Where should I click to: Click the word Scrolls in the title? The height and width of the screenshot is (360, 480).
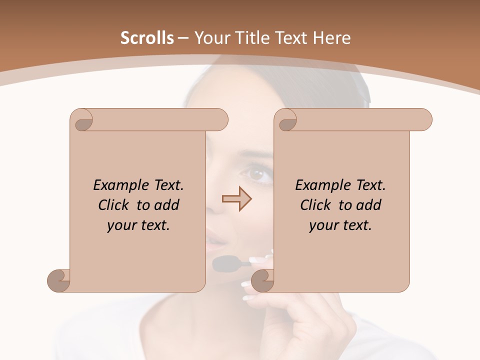[147, 38]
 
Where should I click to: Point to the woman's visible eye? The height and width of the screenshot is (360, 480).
[257, 174]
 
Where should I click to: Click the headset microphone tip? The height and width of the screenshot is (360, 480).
[225, 263]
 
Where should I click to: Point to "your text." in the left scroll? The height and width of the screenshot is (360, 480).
[138, 225]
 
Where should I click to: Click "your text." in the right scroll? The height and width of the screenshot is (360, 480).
[340, 225]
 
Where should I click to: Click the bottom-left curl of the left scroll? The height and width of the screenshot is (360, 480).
[58, 280]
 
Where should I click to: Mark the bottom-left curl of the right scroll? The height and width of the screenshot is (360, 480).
[262, 280]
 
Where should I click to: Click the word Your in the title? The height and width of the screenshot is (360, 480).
[210, 38]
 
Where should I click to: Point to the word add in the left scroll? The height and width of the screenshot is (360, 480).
[166, 205]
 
